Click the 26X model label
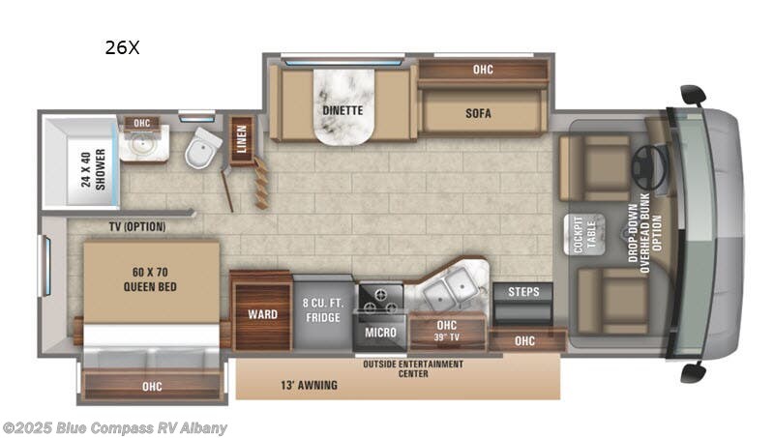click(122, 47)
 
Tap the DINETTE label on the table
click(342, 110)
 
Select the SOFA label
click(478, 113)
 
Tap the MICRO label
click(379, 332)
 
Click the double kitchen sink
click(451, 288)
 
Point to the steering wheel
click(648, 167)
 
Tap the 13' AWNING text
click(311, 385)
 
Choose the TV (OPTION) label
click(136, 227)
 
